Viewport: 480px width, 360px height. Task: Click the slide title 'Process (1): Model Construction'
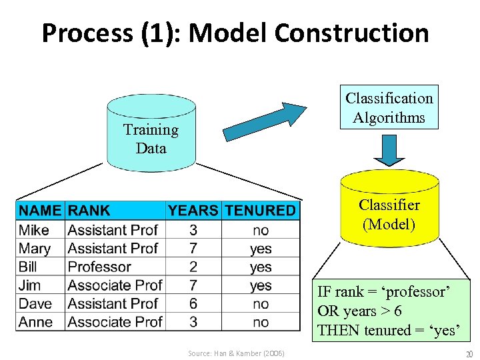tap(235, 32)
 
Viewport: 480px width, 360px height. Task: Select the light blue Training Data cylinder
tap(151, 137)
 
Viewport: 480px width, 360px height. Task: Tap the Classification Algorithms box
tap(389, 107)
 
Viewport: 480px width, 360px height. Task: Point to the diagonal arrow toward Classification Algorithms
tap(264, 121)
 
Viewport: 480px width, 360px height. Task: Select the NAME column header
tap(40, 211)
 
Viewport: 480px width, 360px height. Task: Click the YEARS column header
tap(193, 211)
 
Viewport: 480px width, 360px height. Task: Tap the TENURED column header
tap(260, 211)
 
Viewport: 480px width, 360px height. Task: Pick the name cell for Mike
tap(34, 230)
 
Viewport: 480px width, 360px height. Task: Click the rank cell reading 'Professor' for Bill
tap(99, 267)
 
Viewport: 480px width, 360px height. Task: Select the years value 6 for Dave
tap(193, 303)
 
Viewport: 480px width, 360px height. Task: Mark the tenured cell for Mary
tap(261, 249)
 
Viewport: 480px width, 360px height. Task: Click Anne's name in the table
tap(36, 322)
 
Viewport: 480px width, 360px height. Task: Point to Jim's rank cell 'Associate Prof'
tap(115, 285)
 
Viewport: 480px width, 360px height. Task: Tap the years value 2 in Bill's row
tap(193, 267)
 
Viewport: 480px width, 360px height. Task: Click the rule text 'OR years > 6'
tap(359, 311)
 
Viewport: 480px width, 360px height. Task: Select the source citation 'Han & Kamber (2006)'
tap(236, 353)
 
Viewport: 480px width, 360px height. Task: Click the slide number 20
tap(468, 353)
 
